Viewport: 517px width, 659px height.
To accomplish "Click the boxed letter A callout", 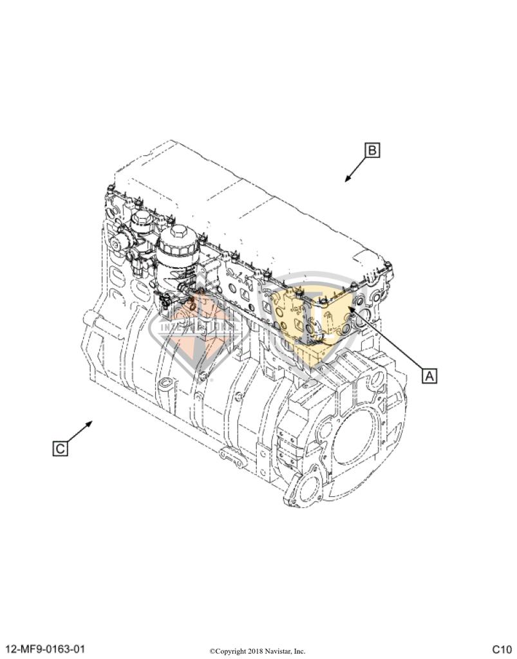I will click(x=429, y=375).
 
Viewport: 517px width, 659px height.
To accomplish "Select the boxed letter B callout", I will click(x=371, y=151).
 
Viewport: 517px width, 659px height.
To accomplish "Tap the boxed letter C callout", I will click(x=60, y=448).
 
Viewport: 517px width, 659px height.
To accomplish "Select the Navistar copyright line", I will click(x=258, y=651).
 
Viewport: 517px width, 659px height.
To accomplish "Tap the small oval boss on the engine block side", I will click(x=165, y=385).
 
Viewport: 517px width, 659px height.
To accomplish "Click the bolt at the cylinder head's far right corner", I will click(x=388, y=265).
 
